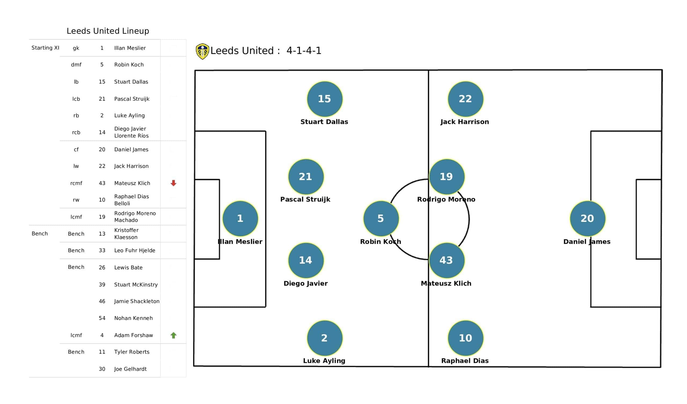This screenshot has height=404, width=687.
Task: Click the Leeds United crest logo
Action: [x=202, y=51]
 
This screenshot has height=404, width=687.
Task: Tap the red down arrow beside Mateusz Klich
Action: [x=173, y=183]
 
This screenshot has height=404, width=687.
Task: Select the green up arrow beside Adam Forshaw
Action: [x=173, y=335]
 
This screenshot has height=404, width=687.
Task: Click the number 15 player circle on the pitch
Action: [x=324, y=99]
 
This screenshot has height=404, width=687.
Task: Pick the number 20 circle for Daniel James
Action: [x=587, y=218]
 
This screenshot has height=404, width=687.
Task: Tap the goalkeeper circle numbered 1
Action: [x=240, y=218]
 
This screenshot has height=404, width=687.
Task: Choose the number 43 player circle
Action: [x=447, y=260]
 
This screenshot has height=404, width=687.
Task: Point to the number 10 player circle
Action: [x=465, y=338]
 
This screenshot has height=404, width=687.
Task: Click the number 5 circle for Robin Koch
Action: [x=381, y=218]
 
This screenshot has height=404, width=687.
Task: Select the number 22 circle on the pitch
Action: [x=465, y=99]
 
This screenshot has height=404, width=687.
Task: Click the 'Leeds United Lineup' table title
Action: [x=108, y=31]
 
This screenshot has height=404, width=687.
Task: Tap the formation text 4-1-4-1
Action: [x=304, y=51]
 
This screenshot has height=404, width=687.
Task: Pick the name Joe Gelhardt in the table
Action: [x=130, y=369]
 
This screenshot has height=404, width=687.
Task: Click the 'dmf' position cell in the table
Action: [x=76, y=65]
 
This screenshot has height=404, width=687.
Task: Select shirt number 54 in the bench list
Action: [x=102, y=318]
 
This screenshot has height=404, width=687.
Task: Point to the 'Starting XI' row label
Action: [x=45, y=48]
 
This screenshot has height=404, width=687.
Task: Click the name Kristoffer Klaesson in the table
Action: [x=126, y=234]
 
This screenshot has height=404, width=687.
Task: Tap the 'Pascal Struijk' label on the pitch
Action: [x=305, y=200]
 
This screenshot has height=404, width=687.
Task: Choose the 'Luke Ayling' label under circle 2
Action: [x=324, y=361]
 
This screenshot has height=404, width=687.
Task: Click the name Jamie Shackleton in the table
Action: [x=137, y=301]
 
